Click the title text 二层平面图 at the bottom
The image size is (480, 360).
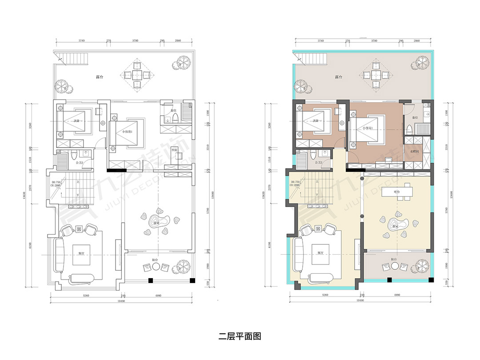pyautogui.click(x=240, y=336)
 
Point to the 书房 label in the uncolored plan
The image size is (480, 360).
pyautogui.click(x=174, y=151)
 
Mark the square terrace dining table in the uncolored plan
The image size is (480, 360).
pyautogui.click(x=137, y=75)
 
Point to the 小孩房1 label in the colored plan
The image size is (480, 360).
pyautogui.click(x=368, y=128)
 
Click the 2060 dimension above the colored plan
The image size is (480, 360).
pyautogui.click(x=416, y=40)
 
